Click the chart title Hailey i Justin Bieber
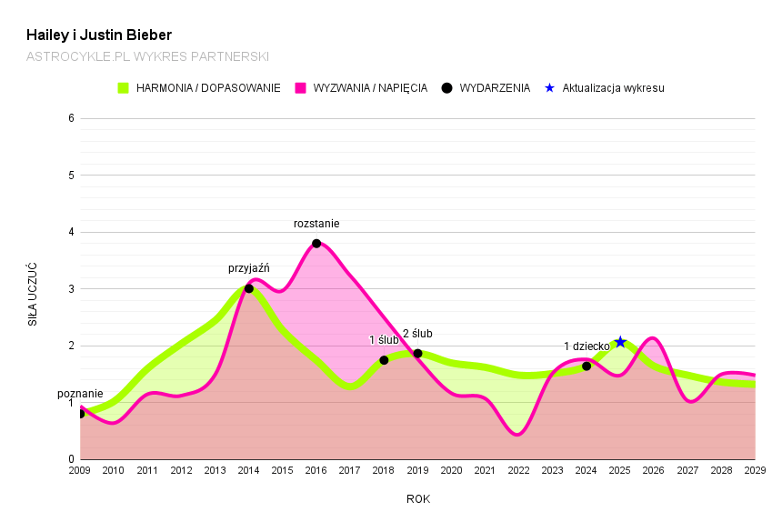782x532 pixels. click(99, 35)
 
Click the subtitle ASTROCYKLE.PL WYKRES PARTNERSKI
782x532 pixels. click(147, 56)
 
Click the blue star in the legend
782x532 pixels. click(548, 88)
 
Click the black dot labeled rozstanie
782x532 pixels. click(316, 244)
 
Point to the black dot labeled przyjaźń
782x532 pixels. click(249, 288)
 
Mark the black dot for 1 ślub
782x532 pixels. click(384, 360)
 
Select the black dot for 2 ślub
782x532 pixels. click(417, 354)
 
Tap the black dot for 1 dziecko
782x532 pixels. click(586, 366)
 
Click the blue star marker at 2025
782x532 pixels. click(620, 342)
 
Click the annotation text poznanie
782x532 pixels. click(80, 394)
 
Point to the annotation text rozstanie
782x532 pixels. click(316, 224)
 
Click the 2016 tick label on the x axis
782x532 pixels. click(316, 470)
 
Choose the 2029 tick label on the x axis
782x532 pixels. click(754, 470)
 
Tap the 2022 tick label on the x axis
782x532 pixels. click(518, 470)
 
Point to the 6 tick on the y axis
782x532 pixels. click(71, 118)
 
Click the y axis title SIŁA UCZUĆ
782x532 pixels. click(33, 294)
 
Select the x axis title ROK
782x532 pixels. click(418, 499)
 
